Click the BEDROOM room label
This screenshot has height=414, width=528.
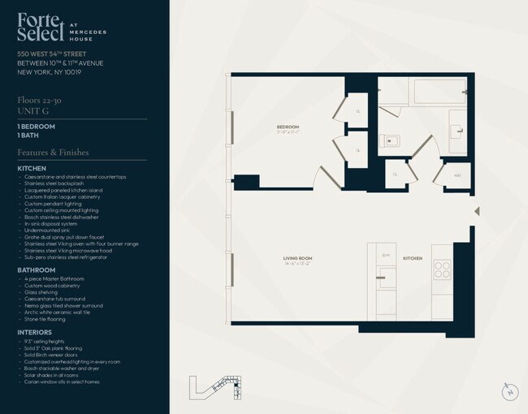288,127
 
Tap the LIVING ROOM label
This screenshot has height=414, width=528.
298,258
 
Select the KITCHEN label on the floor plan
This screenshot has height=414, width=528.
413,258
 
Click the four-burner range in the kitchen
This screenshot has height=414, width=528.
442,268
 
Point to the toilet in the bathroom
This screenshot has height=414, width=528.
387,139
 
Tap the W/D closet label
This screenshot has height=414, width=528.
457,175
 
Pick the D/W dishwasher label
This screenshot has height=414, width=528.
386,255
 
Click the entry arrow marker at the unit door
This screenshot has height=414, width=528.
477,211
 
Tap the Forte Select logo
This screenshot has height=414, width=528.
41,27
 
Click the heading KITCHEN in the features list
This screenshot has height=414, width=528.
32,168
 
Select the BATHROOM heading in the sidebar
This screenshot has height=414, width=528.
37,270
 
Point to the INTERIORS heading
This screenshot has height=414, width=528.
35,332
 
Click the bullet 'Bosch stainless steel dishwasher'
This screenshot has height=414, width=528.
62,217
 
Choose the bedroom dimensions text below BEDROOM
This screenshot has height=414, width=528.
288,133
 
